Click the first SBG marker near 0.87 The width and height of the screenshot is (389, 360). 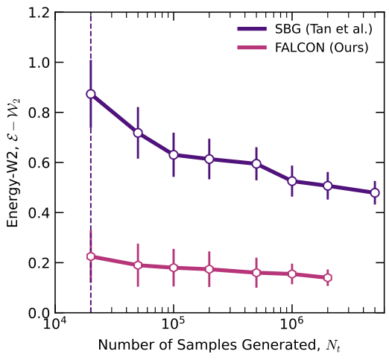(x=91, y=95)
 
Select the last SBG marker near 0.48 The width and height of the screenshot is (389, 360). (x=375, y=192)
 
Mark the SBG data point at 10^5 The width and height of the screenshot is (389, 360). (x=174, y=155)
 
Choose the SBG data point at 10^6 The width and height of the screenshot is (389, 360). (x=292, y=181)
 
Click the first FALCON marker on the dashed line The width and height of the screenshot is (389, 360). (x=91, y=256)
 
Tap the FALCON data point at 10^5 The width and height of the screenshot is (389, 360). (x=174, y=268)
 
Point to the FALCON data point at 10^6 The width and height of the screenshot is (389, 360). (x=292, y=274)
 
